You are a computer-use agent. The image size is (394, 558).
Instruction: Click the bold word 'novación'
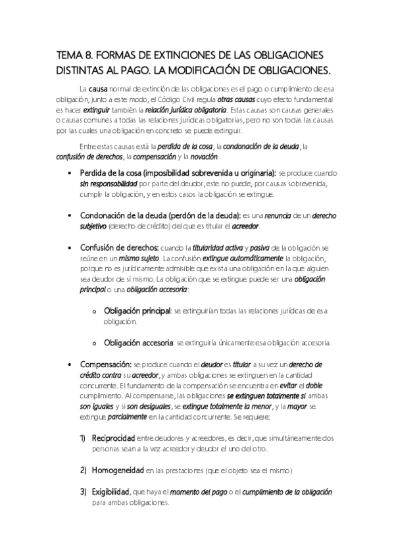pyautogui.click(x=203, y=157)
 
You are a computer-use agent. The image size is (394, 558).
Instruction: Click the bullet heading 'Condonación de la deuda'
pyautogui.click(x=119, y=215)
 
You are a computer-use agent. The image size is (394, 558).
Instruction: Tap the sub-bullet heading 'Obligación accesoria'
pyautogui.click(x=138, y=343)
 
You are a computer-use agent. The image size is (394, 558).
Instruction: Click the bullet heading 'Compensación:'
pyautogui.click(x=105, y=365)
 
